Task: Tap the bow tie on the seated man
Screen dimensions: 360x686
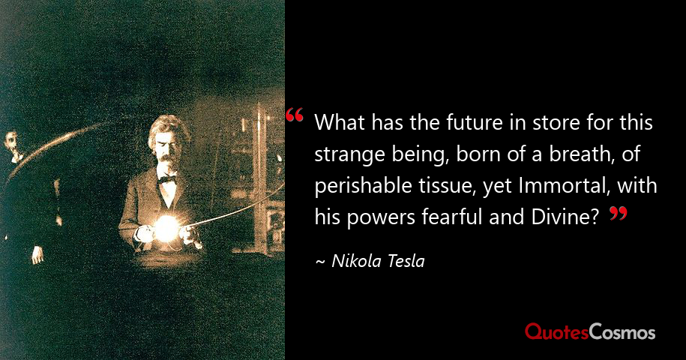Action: coord(166,179)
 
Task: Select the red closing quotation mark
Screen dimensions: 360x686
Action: coord(617,214)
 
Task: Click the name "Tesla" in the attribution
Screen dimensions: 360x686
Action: coord(405,262)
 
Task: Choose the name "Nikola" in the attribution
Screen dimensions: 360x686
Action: coord(355,262)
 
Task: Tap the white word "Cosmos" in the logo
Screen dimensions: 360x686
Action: coord(622,331)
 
